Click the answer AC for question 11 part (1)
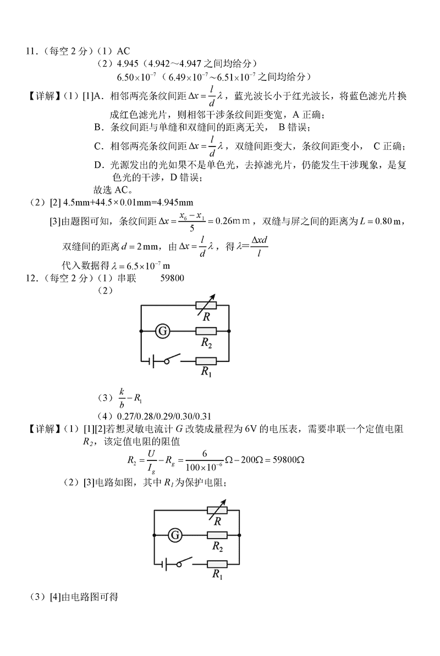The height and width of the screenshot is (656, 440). [123, 51]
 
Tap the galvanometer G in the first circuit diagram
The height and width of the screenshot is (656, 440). [162, 330]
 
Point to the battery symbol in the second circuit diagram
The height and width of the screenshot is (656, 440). [164, 563]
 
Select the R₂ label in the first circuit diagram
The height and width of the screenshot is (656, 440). [206, 343]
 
